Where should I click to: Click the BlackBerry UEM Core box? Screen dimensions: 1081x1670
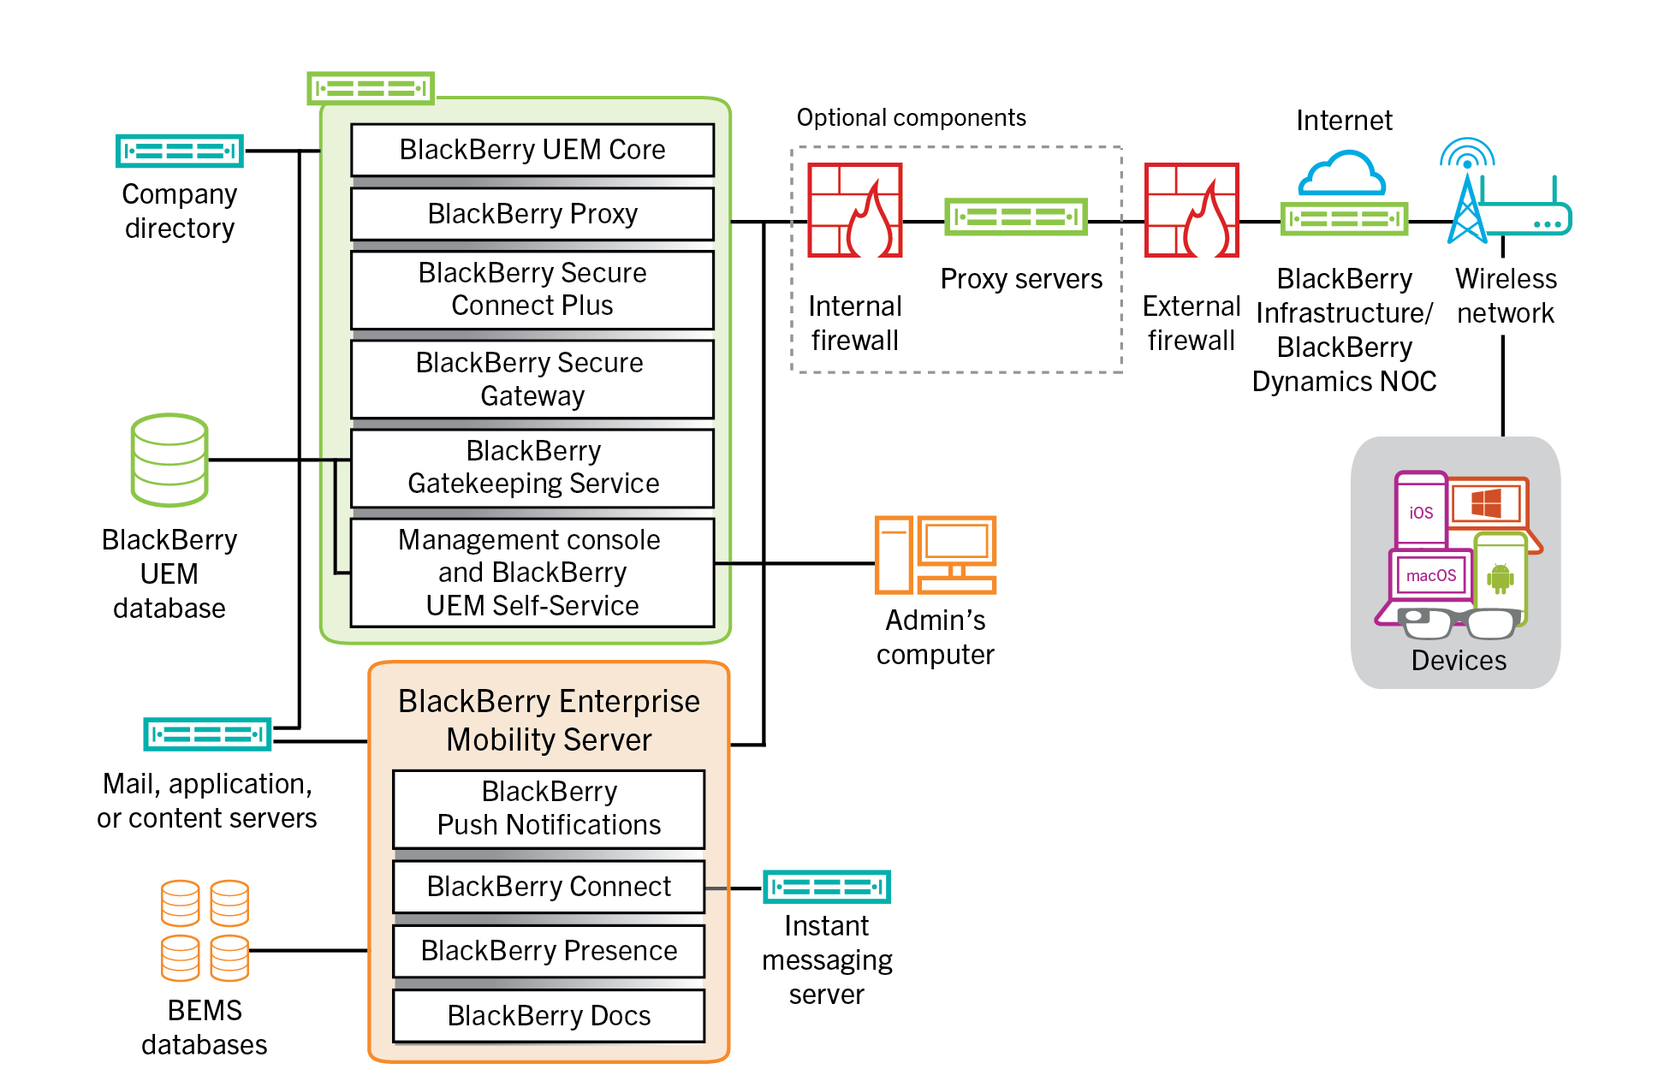click(532, 150)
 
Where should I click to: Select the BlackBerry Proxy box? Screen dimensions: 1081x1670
click(532, 214)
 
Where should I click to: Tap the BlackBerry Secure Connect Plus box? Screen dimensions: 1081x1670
click(532, 289)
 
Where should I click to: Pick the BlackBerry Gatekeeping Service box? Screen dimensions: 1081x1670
click(532, 467)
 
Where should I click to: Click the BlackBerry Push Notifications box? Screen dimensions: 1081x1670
click(549, 809)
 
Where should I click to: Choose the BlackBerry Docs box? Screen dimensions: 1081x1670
click(549, 1016)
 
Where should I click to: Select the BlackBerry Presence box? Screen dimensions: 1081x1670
click(549, 951)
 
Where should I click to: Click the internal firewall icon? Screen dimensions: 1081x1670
click(855, 211)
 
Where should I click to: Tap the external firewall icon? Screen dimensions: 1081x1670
click(1192, 211)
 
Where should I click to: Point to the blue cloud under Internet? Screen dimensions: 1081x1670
click(1342, 174)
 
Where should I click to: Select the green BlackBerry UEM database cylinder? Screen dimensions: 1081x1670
click(169, 460)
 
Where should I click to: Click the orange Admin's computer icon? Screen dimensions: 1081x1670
click(936, 555)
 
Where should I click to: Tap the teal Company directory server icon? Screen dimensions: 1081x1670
click(180, 151)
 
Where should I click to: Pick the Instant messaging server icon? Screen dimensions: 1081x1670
click(826, 887)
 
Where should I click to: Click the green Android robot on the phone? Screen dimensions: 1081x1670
click(1500, 578)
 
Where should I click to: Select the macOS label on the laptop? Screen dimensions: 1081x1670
click(1430, 576)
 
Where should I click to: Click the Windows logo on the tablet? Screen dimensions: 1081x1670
click(1486, 502)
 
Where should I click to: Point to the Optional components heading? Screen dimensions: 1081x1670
click(911, 117)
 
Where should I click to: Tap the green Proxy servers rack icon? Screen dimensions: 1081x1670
click(1015, 217)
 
